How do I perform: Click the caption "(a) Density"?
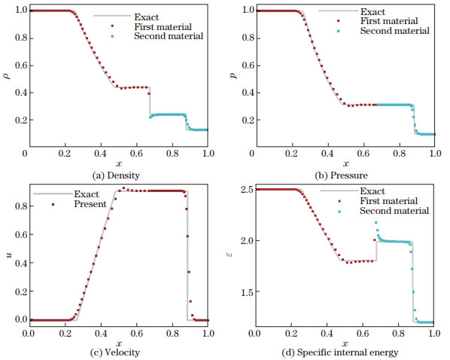[116, 175]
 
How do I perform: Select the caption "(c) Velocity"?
[117, 352]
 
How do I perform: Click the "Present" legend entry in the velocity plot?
[83, 203]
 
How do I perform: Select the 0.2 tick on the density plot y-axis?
[14, 121]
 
